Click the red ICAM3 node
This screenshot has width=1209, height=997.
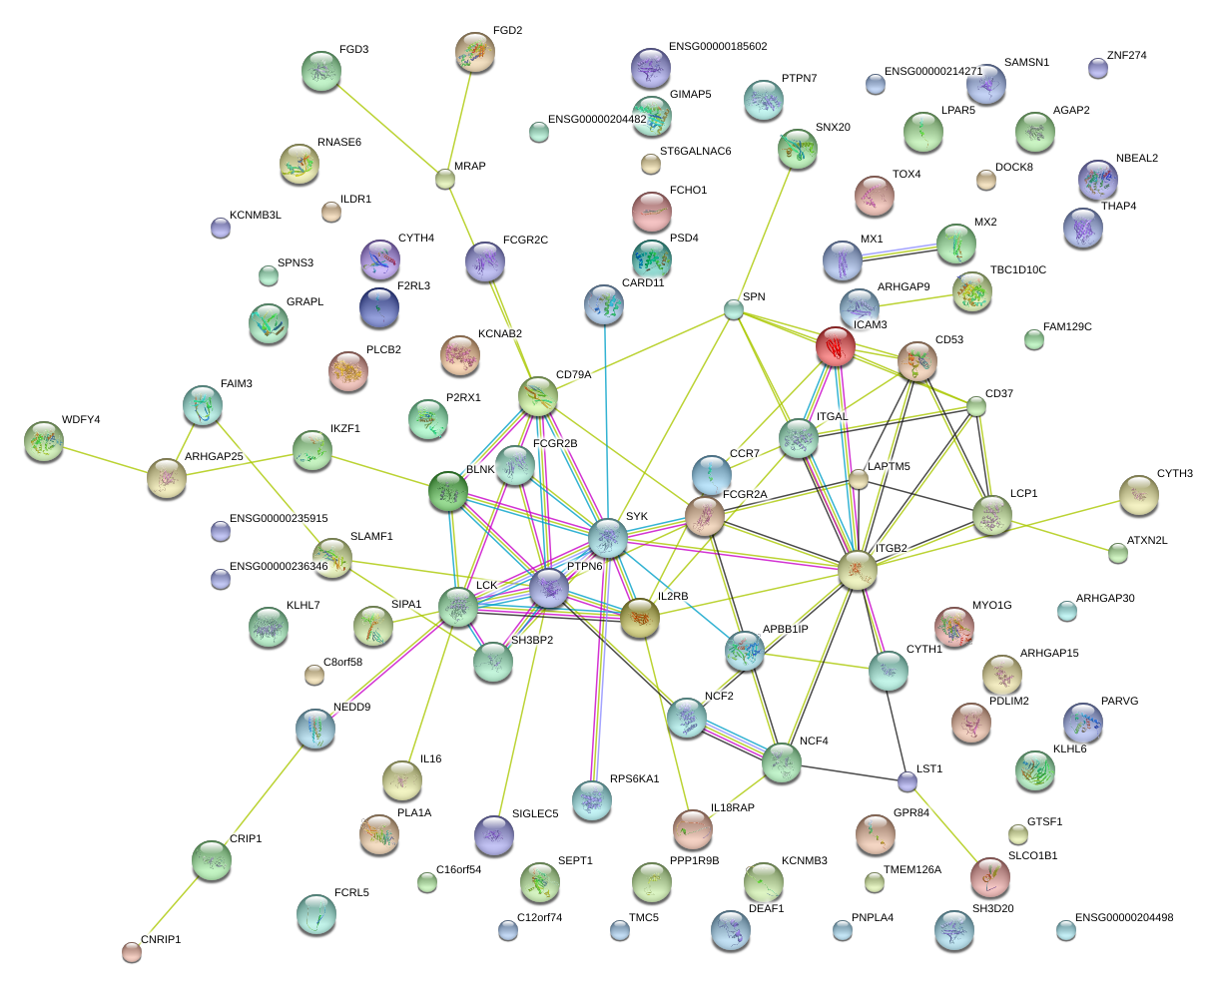tap(835, 346)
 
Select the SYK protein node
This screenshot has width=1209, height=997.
tap(607, 538)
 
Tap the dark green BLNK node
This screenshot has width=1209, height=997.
tap(447, 492)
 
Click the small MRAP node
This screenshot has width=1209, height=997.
tap(445, 180)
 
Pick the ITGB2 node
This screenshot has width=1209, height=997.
tap(857, 570)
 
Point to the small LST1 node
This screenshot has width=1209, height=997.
tap(907, 780)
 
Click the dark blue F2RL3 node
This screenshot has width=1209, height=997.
tap(378, 307)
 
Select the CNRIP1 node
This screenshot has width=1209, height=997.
tap(131, 952)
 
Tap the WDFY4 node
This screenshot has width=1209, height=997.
tap(43, 441)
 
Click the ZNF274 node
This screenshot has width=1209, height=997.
tap(1097, 68)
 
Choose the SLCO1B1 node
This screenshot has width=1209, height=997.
tap(989, 876)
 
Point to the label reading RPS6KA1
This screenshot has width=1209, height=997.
tap(634, 779)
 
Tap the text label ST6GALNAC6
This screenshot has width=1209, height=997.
tap(695, 152)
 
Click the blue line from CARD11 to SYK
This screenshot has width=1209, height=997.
tap(605, 419)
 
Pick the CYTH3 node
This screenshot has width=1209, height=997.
tap(1137, 495)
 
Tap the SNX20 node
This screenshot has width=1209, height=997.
tap(797, 149)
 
